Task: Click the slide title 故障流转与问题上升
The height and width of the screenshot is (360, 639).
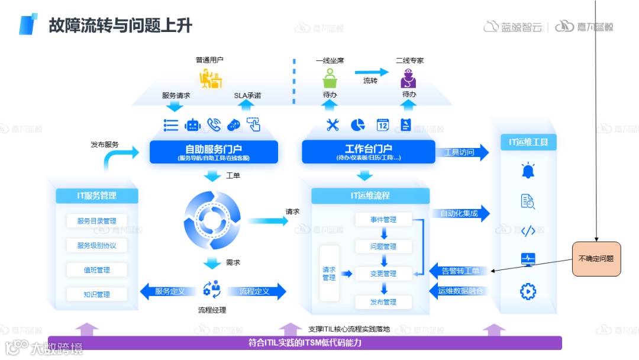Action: click(x=121, y=25)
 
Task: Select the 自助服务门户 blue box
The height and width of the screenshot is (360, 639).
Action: click(x=214, y=152)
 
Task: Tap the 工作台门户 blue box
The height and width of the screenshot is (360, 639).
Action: click(x=369, y=152)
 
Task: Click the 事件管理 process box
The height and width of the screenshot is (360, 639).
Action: click(x=383, y=220)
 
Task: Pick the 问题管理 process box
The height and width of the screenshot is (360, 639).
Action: click(x=383, y=246)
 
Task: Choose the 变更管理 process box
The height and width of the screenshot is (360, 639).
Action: click(x=383, y=274)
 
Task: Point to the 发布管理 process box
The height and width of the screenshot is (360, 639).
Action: click(x=383, y=302)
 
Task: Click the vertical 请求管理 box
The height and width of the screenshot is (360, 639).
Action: click(x=329, y=273)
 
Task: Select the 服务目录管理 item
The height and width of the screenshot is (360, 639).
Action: click(x=96, y=221)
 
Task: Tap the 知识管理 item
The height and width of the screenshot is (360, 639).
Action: click(x=96, y=294)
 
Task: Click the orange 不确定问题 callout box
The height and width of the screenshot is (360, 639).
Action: click(x=596, y=259)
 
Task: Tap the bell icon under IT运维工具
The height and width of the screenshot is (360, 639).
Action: click(x=527, y=171)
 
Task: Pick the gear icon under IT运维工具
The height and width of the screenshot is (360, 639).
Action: click(x=527, y=291)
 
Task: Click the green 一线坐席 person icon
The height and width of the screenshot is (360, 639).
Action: click(x=330, y=78)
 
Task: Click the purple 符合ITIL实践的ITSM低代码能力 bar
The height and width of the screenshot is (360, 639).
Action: click(x=305, y=343)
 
